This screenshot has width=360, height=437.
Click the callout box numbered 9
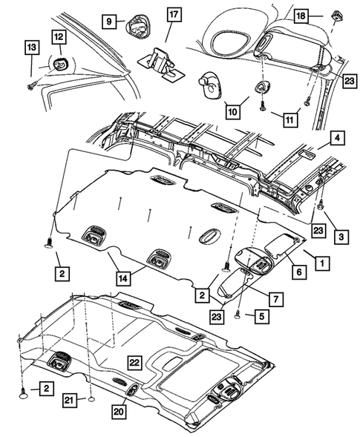coord(109,22)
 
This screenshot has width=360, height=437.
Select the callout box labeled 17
coord(173,14)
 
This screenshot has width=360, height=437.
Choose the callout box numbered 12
coord(58,36)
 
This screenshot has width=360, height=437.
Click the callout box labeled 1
coord(323,262)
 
